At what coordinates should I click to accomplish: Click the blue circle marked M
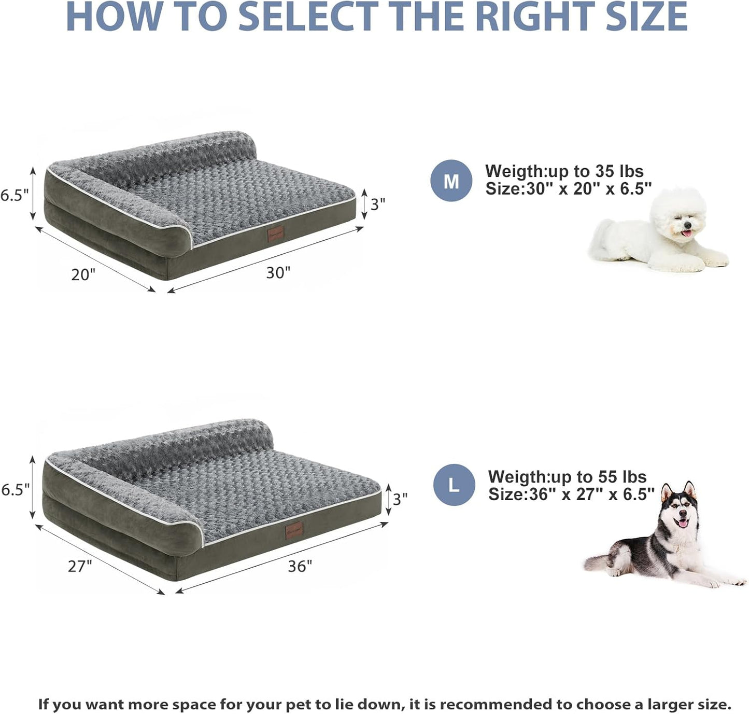(451, 181)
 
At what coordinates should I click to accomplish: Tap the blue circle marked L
(454, 485)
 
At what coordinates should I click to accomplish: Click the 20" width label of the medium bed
(83, 274)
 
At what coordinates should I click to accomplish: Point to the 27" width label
(80, 566)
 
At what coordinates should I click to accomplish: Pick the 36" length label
(300, 566)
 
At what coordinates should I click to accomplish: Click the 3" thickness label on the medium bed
(378, 204)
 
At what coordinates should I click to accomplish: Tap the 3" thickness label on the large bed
(400, 499)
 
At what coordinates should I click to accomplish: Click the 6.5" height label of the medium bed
(14, 195)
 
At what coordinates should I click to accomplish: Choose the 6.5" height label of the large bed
(15, 489)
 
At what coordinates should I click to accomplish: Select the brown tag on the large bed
(294, 530)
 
